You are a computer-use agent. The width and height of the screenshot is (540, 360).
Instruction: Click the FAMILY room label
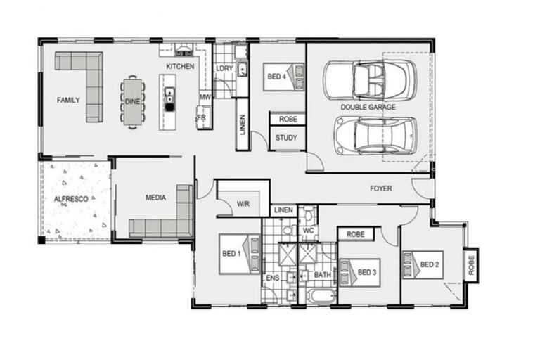69,100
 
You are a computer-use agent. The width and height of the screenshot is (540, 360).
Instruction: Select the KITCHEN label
180,66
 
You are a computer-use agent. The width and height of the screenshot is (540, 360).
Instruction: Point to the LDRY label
225,68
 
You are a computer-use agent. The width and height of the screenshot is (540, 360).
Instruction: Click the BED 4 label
276,76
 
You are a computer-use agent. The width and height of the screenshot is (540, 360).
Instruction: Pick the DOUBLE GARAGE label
368,108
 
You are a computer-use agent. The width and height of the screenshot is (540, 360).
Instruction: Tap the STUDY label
286,138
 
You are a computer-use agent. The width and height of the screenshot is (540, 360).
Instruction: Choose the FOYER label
381,188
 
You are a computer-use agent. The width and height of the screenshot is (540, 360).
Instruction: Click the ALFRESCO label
71,200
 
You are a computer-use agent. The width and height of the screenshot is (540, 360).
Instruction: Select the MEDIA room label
155,198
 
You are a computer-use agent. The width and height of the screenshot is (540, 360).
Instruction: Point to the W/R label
243,204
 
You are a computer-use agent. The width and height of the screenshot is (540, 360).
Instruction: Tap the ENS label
272,278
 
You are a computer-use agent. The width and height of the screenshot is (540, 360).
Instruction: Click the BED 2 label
430,264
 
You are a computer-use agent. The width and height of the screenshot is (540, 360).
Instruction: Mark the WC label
308,230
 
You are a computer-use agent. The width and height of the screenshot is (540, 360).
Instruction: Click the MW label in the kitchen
205,97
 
